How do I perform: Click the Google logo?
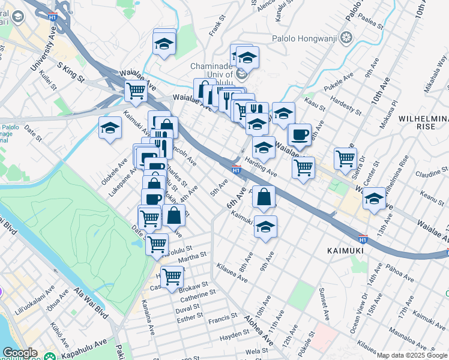20,353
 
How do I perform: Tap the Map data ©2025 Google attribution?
412,355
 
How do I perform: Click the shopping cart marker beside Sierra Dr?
345,158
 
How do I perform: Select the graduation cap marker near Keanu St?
374,198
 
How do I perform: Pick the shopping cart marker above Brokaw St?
172,277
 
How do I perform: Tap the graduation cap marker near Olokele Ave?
110,128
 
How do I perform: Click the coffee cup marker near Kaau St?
300,134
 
